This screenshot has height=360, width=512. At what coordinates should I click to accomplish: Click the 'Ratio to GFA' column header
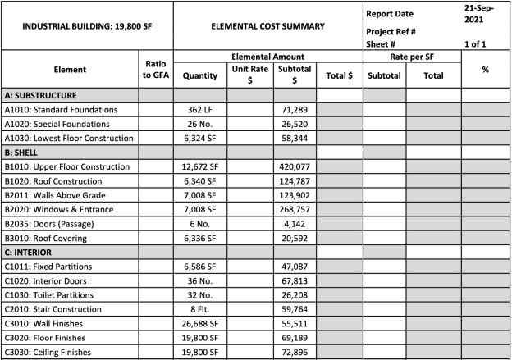(x=155, y=70)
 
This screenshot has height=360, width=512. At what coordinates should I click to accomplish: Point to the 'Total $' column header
(x=339, y=75)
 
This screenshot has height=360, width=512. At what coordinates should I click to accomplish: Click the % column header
(x=486, y=70)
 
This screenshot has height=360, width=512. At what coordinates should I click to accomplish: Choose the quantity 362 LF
(x=200, y=109)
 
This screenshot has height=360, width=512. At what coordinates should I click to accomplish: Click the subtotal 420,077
(x=293, y=166)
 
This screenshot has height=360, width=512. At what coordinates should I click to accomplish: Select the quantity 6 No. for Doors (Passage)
(x=200, y=224)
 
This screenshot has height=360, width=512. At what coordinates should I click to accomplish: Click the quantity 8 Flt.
(x=200, y=310)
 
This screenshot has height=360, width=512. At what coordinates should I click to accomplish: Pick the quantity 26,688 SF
(x=200, y=325)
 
